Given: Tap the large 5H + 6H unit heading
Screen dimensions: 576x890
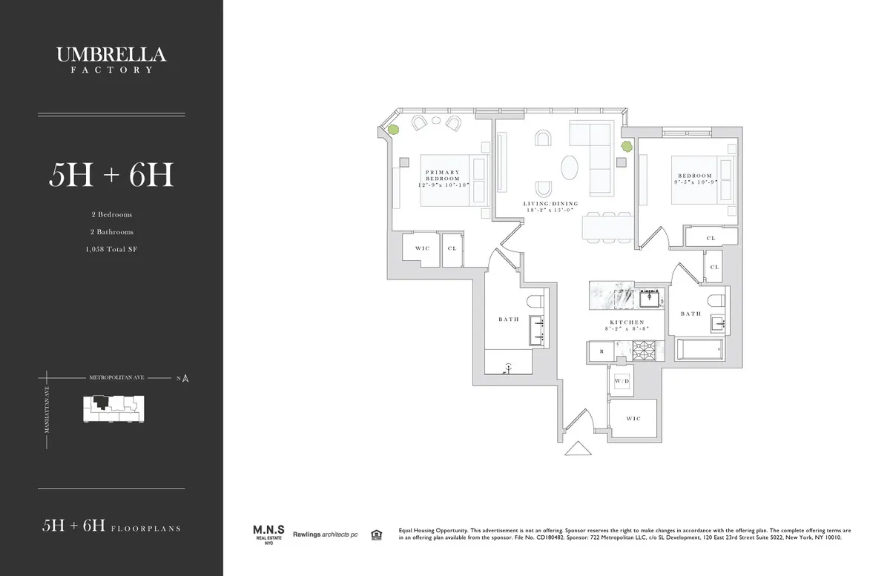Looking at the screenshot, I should [111, 175].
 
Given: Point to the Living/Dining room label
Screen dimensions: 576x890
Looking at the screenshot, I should [550, 207].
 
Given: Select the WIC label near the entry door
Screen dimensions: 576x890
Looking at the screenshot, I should [633, 419].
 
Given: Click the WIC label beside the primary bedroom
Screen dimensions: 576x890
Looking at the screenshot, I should [422, 248].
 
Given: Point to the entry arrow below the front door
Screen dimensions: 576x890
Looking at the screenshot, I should [576, 449].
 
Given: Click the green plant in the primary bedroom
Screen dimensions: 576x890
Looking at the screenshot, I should [394, 130].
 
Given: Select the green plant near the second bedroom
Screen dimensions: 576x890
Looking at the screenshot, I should [626, 147].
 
